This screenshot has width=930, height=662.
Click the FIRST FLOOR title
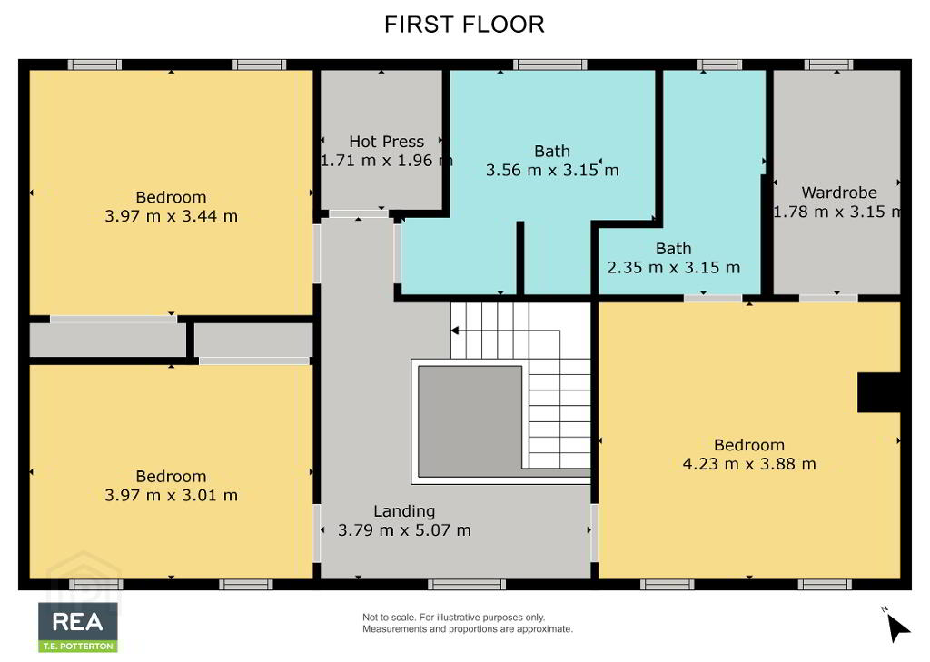coord(464,25)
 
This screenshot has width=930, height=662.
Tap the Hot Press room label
coord(387,141)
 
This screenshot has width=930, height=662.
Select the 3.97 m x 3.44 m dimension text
coord(172,216)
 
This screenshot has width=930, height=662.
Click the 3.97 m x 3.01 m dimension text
coord(172,495)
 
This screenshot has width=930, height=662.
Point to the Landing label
coord(404,511)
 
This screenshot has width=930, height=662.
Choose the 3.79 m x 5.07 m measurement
coord(404,529)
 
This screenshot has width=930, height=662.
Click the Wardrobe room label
coord(839,193)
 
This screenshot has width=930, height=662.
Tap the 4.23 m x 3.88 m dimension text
coord(749,463)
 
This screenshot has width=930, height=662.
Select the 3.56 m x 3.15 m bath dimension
coord(552,170)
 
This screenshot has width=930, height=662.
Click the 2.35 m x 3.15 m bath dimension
coord(674,268)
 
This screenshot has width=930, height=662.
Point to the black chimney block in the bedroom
coord(879,392)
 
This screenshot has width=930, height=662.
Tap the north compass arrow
coord(898,628)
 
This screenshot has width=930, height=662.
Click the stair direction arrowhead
coord(455,331)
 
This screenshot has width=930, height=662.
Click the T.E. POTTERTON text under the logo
coord(78,646)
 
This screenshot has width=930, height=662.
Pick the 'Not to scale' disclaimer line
coord(454,618)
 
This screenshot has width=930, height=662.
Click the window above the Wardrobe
coord(828,64)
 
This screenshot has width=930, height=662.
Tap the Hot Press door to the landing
coord(359,213)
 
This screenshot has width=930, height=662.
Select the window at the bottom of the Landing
coord(467,585)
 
